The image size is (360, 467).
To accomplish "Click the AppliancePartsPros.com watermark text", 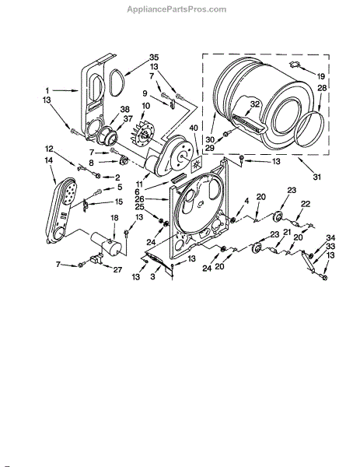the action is pyautogui.click(x=177, y=9).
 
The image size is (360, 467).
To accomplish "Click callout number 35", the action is pyautogui.click(x=154, y=57).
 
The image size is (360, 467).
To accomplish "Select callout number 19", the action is pyautogui.click(x=320, y=76).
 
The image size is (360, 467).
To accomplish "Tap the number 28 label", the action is pyautogui.click(x=322, y=88).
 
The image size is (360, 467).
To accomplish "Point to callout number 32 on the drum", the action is pyautogui.click(x=255, y=104).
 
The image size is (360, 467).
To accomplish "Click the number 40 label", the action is pyautogui.click(x=193, y=128).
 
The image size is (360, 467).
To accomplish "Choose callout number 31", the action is pyautogui.click(x=317, y=177).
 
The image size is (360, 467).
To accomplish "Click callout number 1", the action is pyautogui.click(x=47, y=90).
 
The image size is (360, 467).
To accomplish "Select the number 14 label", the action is pyautogui.click(x=49, y=160).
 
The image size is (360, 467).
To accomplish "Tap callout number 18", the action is pyautogui.click(x=114, y=218).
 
